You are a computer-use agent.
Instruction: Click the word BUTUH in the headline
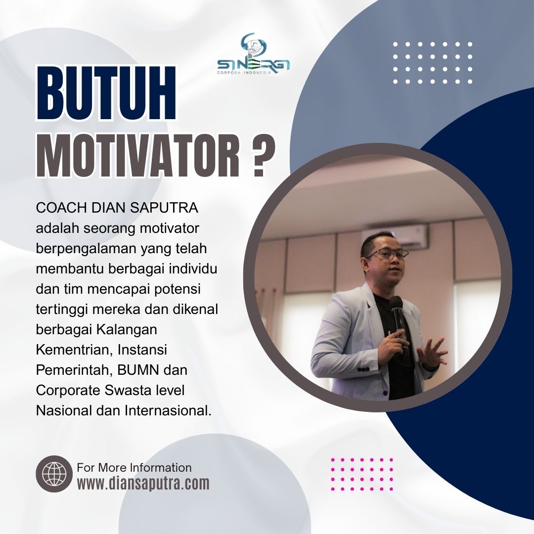pos(106,93)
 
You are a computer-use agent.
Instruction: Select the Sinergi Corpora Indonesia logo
pos(253,54)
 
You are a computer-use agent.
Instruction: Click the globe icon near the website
pos(54,474)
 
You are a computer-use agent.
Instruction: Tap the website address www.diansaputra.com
pos(143,483)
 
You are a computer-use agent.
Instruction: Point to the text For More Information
pos(134,467)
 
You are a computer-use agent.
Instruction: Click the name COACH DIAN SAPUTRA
pos(117,208)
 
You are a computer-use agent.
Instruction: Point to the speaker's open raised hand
pos(432,353)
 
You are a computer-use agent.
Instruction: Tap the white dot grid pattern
pos(433,63)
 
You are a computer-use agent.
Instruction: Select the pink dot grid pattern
pos(362,474)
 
